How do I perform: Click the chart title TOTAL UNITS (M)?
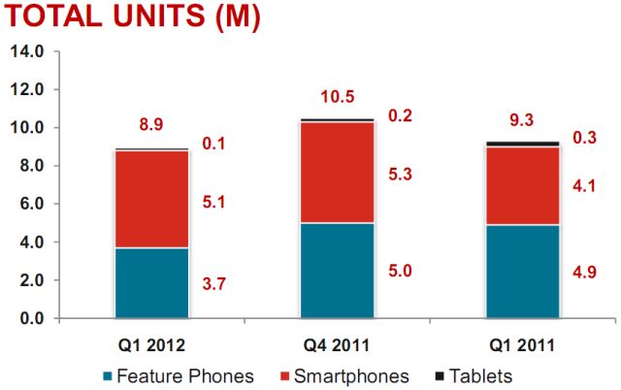[131, 18]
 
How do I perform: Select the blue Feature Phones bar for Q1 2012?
[151, 282]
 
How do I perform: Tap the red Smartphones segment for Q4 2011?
[337, 172]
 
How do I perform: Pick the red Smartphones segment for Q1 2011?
[523, 185]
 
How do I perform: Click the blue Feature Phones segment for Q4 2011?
[337, 270]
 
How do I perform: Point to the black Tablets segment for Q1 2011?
[523, 144]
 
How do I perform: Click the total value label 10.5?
[338, 97]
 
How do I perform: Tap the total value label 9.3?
[523, 121]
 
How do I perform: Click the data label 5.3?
[401, 175]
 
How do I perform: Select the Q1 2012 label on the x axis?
[151, 343]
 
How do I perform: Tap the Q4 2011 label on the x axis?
[337, 343]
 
